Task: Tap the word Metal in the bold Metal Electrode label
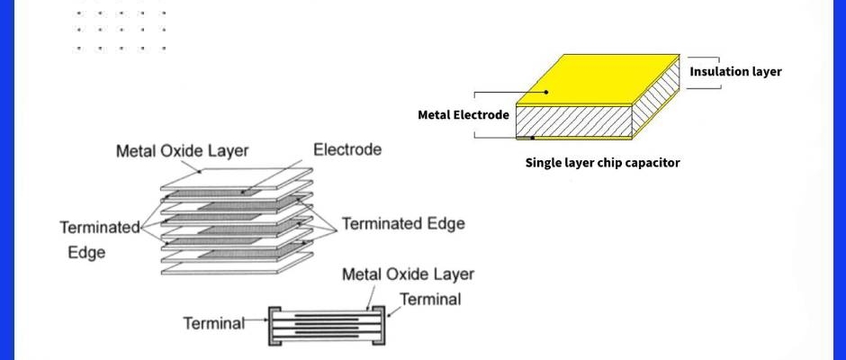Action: (x=436, y=115)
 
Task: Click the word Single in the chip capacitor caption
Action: (x=544, y=163)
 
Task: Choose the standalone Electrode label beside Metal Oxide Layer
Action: (x=346, y=149)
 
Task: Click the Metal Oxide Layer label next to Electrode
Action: (x=182, y=151)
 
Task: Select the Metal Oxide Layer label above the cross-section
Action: (x=408, y=274)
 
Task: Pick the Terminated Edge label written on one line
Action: (x=403, y=223)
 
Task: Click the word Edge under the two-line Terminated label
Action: (x=86, y=253)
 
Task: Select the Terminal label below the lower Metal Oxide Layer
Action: (x=430, y=299)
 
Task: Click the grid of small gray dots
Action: (x=121, y=30)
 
